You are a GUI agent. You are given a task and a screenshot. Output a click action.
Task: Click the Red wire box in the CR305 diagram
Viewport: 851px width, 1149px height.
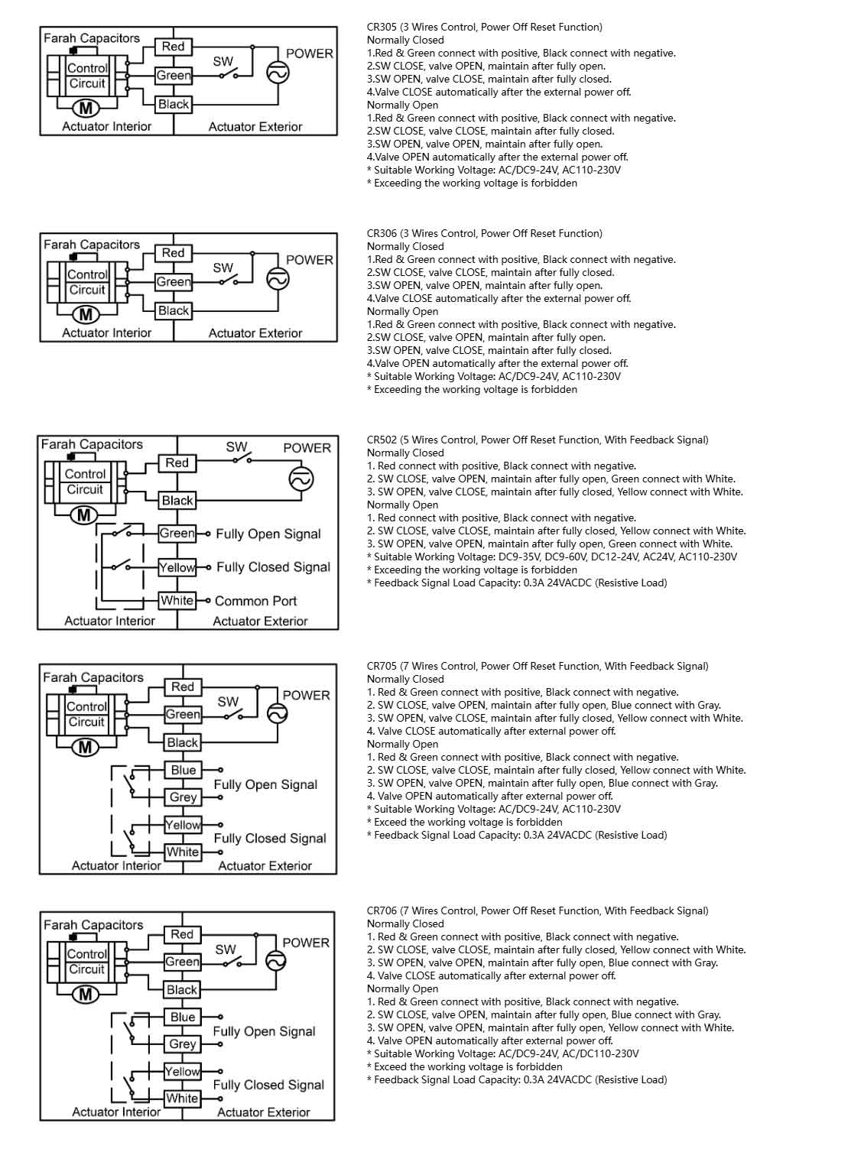173,47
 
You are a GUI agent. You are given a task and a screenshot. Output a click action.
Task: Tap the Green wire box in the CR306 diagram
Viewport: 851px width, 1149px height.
174,281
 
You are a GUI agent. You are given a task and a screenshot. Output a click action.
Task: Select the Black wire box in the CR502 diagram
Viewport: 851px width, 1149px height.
177,501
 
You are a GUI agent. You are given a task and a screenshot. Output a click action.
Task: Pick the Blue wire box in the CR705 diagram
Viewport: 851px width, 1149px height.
183,770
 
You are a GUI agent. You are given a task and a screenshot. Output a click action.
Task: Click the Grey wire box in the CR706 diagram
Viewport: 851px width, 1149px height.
183,1044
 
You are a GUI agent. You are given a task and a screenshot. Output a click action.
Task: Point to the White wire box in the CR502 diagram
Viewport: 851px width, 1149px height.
177,601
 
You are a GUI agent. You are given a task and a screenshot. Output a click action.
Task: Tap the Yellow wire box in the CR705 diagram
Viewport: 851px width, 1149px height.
183,825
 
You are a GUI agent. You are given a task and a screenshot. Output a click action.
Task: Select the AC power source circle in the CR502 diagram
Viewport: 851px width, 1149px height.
300,479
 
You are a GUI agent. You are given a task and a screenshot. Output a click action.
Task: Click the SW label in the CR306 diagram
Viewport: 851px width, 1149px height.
222,268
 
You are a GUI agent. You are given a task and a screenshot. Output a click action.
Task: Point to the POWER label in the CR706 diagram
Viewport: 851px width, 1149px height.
306,943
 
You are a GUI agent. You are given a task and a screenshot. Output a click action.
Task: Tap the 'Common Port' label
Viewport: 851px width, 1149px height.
255,602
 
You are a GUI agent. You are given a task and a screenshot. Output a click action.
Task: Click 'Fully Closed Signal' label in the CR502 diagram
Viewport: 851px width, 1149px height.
273,567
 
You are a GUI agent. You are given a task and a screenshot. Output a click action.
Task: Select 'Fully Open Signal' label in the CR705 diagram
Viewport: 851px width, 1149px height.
265,784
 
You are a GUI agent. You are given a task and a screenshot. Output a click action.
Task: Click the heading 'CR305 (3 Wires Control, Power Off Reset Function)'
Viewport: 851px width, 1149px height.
484,28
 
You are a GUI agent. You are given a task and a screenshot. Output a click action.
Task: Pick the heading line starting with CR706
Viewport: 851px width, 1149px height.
537,910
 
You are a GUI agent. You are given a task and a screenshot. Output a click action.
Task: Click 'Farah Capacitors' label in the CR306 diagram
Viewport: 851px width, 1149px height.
92,245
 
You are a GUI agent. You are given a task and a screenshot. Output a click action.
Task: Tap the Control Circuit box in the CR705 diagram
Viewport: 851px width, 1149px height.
86,714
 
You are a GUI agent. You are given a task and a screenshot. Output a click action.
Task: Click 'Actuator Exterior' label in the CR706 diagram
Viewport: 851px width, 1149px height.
263,1112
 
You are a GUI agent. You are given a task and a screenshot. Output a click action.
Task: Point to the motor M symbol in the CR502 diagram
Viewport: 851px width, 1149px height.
83,515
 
